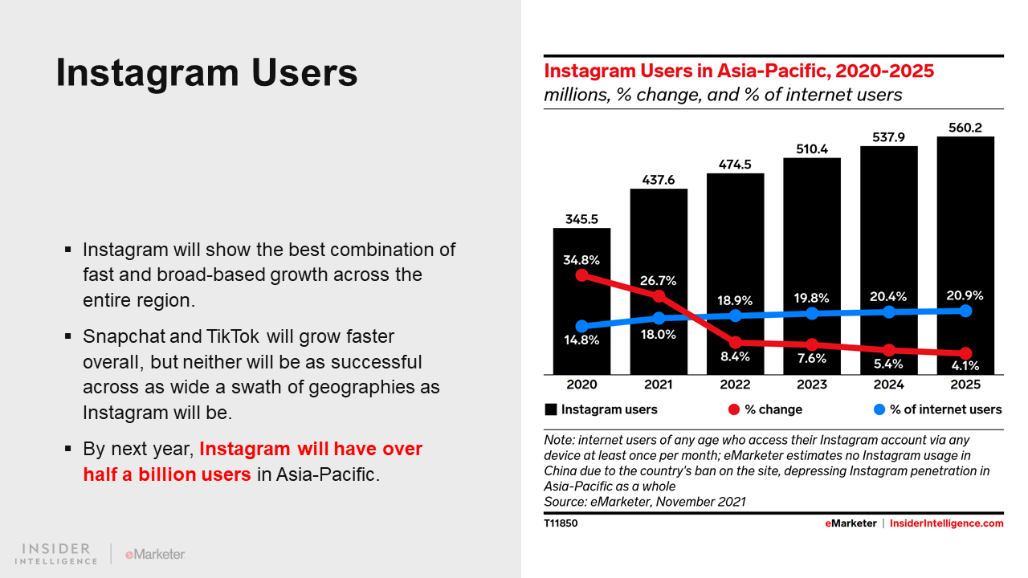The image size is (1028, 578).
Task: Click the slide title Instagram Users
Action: [x=206, y=73]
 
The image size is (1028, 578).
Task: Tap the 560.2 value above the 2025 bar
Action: [x=965, y=126]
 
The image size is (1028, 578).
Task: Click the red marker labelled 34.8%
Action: [x=582, y=275]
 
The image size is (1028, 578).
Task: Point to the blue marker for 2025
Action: [x=965, y=311]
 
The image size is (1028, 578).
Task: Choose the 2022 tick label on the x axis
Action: [x=735, y=385]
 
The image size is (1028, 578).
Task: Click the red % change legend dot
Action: [x=734, y=409]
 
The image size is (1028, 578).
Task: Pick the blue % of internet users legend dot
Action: [x=879, y=409]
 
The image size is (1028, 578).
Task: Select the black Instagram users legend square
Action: [x=551, y=409]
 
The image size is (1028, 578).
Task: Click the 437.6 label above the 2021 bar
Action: [x=659, y=179]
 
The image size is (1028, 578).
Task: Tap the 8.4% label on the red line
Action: [x=735, y=356]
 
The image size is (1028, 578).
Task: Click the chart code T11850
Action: [x=561, y=523]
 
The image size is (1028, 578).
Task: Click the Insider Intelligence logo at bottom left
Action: [x=56, y=553]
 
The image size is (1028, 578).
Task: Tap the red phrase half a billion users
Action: [x=167, y=474]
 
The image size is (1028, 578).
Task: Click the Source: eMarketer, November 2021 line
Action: [x=645, y=502]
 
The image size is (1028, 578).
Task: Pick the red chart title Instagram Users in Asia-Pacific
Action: [x=739, y=71]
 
